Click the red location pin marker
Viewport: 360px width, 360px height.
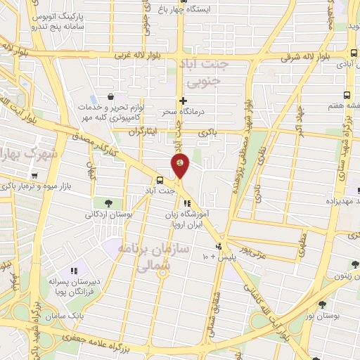pyautogui.click(x=180, y=165)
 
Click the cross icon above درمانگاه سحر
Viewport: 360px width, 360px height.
pyautogui.click(x=183, y=101)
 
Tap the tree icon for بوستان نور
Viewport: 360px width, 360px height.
pyautogui.click(x=323, y=304)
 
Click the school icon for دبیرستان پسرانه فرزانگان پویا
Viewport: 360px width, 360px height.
pyautogui.click(x=73, y=271)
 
